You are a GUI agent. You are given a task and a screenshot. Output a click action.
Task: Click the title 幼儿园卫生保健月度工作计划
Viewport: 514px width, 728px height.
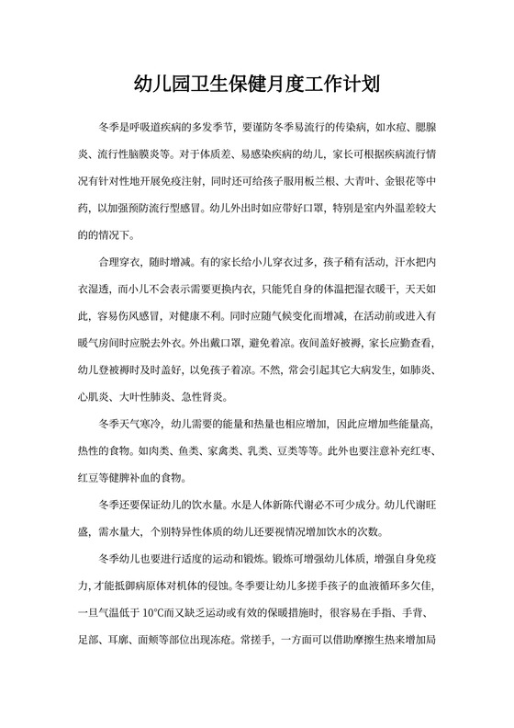pyautogui.click(x=256, y=85)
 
